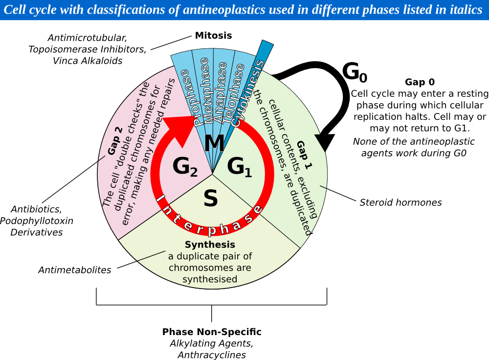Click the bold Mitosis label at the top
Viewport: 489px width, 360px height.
[x=213, y=35]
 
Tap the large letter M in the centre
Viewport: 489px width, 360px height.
[x=214, y=143]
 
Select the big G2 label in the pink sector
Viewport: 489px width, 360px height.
[x=185, y=166]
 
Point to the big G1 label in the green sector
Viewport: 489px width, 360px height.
[x=239, y=167]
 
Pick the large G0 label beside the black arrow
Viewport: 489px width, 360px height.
[x=355, y=72]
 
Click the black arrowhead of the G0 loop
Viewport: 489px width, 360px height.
[x=325, y=142]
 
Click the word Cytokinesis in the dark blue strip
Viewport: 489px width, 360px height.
[x=248, y=93]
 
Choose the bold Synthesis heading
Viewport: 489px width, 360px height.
[x=210, y=244]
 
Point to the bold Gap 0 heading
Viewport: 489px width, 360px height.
[x=420, y=82]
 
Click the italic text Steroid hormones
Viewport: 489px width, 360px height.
[x=401, y=202]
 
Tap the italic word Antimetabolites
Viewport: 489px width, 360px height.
[x=74, y=270]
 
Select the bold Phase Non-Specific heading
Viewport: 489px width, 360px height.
[x=212, y=332]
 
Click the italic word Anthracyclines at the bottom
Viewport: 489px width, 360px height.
[x=212, y=355]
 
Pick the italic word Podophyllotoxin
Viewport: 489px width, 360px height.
[x=37, y=221]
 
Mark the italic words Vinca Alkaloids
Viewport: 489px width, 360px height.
[x=88, y=61]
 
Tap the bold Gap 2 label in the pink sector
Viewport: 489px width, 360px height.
[x=115, y=140]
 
